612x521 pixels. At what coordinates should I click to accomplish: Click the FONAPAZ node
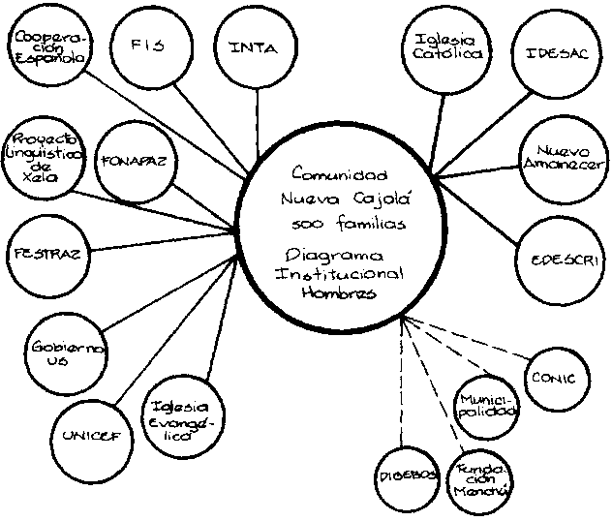(x=137, y=161)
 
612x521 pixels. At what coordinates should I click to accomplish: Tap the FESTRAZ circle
(x=46, y=254)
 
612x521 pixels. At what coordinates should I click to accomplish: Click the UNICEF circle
(x=91, y=433)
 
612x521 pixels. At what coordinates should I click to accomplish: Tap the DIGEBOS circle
(x=405, y=476)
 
